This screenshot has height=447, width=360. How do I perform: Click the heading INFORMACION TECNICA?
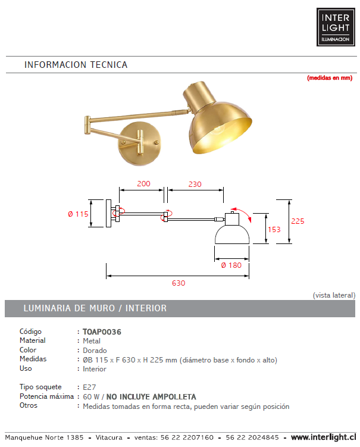pyautogui.click(x=76, y=65)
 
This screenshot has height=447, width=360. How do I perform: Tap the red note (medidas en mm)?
pyautogui.click(x=330, y=78)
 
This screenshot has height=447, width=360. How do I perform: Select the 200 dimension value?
pyautogui.click(x=143, y=184)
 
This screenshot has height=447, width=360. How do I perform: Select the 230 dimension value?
pyautogui.click(x=195, y=184)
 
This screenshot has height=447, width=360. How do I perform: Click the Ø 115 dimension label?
pyautogui.click(x=77, y=214)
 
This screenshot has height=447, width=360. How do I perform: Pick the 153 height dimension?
pyautogui.click(x=274, y=229)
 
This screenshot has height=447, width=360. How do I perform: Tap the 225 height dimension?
pyautogui.click(x=298, y=221)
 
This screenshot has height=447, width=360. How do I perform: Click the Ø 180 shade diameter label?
pyautogui.click(x=231, y=265)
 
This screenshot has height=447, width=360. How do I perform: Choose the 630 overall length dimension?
pyautogui.click(x=179, y=283)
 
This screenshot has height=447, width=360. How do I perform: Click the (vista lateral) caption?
pyautogui.click(x=334, y=295)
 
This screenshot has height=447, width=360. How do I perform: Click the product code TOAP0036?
pyautogui.click(x=98, y=332)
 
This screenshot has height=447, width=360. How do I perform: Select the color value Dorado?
pyautogui.click(x=95, y=351)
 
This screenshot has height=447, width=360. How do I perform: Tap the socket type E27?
pyautogui.click(x=89, y=387)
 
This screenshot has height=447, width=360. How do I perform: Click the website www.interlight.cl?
pyautogui.click(x=322, y=437)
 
